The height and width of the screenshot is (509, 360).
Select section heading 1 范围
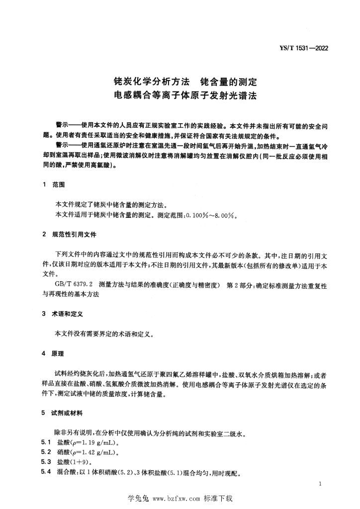tap(54, 184)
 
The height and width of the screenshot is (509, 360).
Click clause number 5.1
tap(46, 442)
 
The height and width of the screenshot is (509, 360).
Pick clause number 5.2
tap(46, 452)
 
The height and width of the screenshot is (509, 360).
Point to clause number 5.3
tap(46, 462)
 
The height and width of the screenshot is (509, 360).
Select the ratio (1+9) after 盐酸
tap(80, 462)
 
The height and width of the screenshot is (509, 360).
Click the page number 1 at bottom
tap(322, 483)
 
